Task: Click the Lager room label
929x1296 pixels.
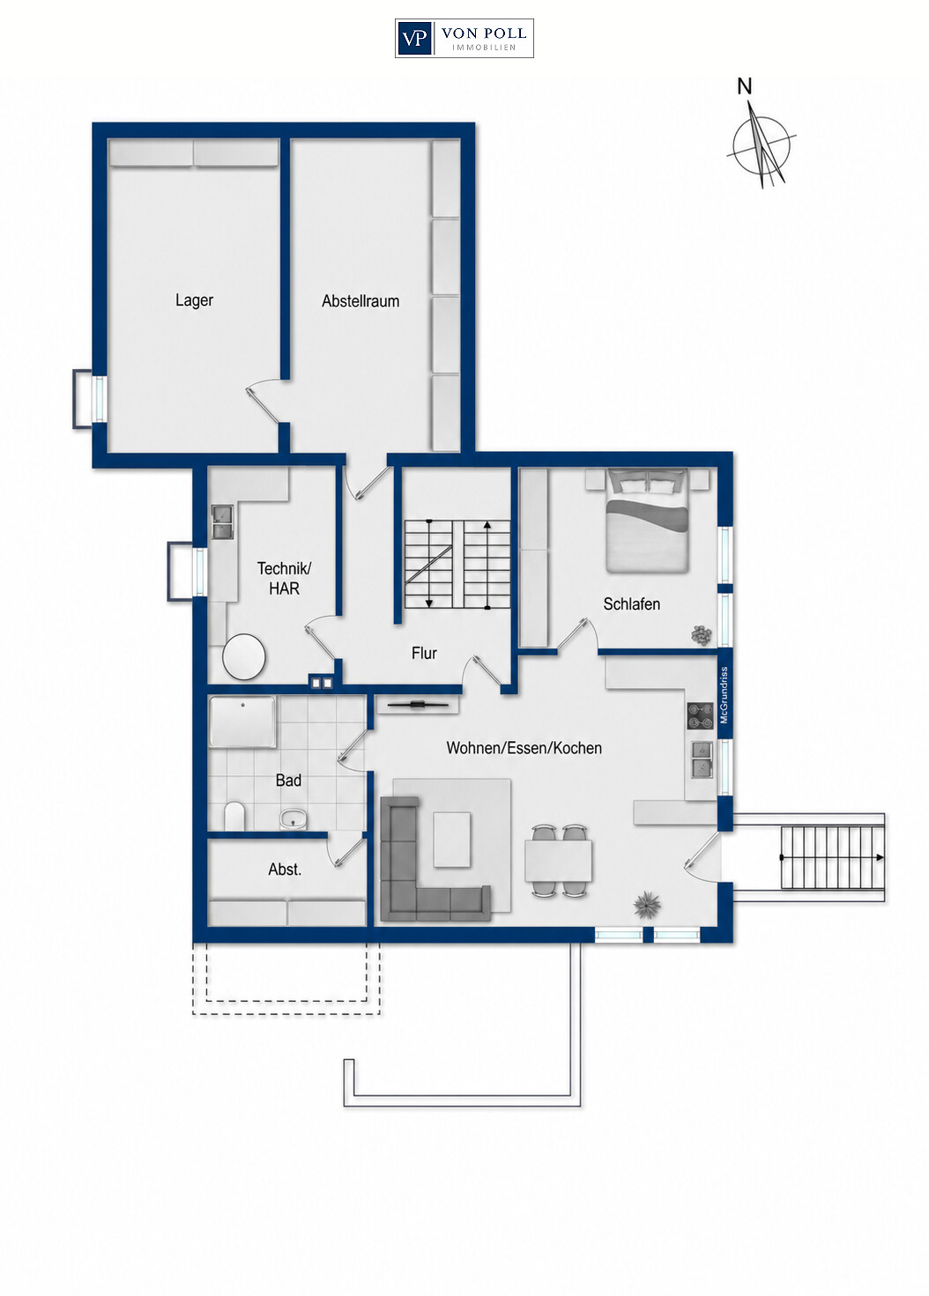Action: point(194,300)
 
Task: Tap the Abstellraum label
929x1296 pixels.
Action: point(360,300)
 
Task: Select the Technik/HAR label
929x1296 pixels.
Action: point(284,578)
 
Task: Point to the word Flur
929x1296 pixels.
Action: point(424,653)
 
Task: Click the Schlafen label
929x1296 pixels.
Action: point(631,604)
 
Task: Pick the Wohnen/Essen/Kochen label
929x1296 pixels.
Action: point(524,748)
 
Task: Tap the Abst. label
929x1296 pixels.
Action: point(285,869)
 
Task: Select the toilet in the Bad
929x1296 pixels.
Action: point(234,816)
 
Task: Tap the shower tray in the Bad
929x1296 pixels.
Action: point(242,722)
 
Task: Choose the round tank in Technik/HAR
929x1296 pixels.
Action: point(244,656)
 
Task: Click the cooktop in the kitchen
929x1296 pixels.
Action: point(701,715)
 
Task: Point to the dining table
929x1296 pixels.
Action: point(558,861)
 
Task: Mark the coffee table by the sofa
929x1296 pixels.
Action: point(452,840)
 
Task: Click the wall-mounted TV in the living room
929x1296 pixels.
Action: point(417,704)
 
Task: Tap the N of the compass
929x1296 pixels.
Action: point(745,87)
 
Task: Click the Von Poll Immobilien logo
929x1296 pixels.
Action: point(464,38)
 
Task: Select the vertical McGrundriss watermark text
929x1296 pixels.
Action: point(725,695)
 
